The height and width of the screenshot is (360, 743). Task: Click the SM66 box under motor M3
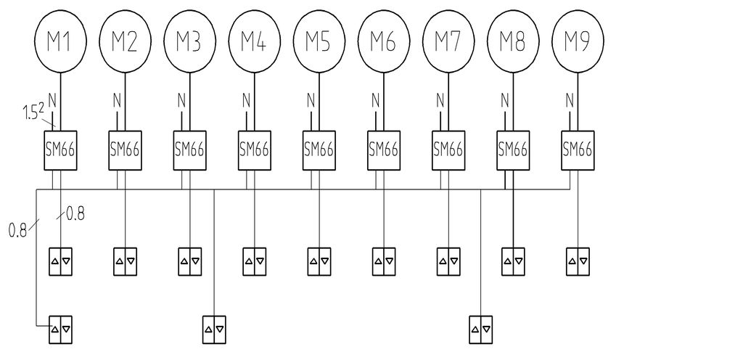coord(189,150)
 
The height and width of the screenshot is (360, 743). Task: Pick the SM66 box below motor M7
coord(448,150)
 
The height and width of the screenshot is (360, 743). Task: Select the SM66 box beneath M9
coord(578,150)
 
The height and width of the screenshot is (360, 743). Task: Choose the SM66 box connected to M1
coord(61,150)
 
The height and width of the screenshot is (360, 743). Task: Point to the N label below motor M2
coord(117,100)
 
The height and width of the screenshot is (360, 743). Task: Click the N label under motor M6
coord(376,100)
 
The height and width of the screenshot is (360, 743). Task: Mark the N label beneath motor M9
coord(570,100)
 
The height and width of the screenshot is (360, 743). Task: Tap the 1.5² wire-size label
coord(33,113)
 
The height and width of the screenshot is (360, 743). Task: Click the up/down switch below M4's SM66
coord(255,261)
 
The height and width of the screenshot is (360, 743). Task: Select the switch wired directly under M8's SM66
coord(513,261)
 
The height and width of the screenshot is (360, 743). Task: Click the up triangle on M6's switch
coord(378,261)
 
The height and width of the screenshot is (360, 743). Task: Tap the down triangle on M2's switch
coord(131,261)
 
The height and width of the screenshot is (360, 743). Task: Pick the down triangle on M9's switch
coord(583,261)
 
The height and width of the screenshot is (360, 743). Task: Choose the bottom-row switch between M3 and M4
coord(214,330)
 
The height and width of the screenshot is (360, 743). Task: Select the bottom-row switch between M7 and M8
coord(481,330)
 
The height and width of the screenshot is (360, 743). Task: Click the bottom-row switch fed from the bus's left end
coord(61,330)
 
